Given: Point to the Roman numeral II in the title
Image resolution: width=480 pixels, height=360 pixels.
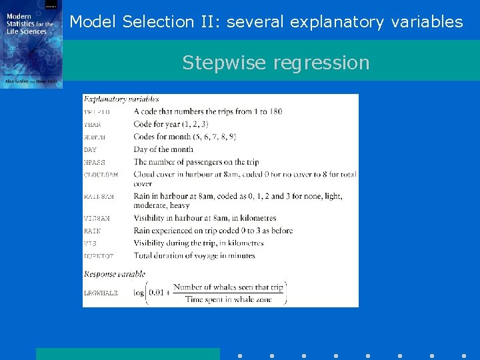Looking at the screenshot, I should coord(207,22).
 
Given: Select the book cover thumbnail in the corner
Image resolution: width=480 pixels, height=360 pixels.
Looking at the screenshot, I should coord(31,44).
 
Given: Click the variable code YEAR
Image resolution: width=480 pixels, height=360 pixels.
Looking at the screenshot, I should coord(93,125).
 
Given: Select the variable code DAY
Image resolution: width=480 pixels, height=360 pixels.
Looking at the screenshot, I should coord(90,150).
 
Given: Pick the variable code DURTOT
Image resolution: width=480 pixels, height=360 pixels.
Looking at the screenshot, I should coord(99,256).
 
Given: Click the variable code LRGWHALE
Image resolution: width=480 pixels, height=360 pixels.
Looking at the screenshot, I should coord(101,293).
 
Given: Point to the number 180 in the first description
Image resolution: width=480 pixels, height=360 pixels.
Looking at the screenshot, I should coord(275,111).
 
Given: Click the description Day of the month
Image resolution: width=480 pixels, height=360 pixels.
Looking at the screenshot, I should coord(163,149).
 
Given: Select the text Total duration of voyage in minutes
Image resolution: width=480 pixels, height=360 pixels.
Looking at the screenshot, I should coord(194,255).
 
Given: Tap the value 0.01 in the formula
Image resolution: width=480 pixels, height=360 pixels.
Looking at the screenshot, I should coord(159,293).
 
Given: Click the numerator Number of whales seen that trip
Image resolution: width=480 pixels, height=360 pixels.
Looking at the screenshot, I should coord(228,287).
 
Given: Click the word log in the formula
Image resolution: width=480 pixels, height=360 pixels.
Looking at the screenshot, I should coord(139,293).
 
